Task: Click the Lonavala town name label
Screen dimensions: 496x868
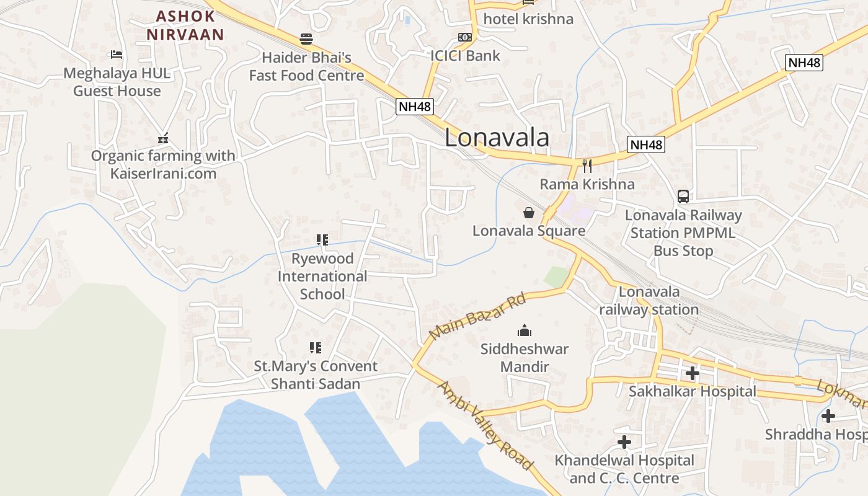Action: pos(497,138)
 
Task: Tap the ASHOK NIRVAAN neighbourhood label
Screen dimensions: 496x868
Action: pos(185,25)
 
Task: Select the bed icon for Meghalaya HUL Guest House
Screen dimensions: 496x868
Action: pos(116,55)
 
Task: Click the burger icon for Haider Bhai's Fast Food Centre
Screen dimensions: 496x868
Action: pos(306,39)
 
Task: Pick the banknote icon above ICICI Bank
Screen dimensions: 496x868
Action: pos(464,37)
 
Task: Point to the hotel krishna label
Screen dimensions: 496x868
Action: pos(528,19)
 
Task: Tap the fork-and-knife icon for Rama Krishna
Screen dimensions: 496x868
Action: pos(587,166)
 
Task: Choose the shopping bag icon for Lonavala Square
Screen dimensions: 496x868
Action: pos(529,213)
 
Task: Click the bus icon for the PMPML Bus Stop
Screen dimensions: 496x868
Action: pos(683,197)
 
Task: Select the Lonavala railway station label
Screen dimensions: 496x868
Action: pos(649,301)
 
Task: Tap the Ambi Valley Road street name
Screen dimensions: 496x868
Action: pos(485,425)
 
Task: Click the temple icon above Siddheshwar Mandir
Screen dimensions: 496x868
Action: pos(525,330)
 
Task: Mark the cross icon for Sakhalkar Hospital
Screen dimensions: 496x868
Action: pos(693,373)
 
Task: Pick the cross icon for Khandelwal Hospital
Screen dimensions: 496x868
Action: pos(624,442)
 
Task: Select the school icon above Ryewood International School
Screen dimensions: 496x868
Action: pos(322,240)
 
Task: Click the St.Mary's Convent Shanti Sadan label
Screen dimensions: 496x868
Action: pos(316,375)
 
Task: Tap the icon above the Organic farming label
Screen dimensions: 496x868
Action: pos(163,138)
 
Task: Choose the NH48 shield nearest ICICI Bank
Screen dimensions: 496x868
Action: pos(414,106)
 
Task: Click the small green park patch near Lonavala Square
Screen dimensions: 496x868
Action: pos(556,277)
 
